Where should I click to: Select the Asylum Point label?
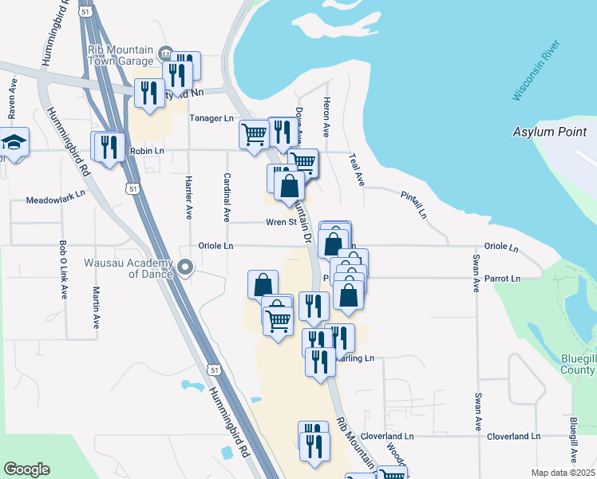point(549,132)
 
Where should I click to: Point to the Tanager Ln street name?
point(211,118)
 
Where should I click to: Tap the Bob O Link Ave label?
point(63,269)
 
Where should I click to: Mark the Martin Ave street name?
point(96,308)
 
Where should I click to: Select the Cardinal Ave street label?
point(227,197)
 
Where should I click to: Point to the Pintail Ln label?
point(413,204)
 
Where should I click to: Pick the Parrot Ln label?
point(504,279)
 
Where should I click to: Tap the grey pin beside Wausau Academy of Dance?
point(185,267)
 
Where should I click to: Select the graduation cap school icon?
point(14,142)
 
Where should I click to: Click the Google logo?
point(26,469)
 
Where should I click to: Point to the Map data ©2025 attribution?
point(563,473)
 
